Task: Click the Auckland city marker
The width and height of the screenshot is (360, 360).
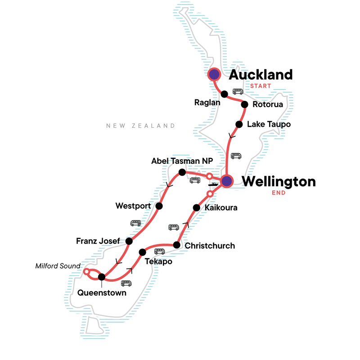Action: tap(214, 74)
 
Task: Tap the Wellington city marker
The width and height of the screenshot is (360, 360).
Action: tap(226, 181)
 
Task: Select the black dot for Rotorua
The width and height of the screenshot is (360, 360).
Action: tap(245, 104)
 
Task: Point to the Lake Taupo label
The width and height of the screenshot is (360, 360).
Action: tap(269, 124)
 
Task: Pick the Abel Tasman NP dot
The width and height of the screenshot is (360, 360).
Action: tap(182, 172)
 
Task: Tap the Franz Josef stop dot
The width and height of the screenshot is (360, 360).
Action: tap(129, 241)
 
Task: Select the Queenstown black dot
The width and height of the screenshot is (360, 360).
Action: tap(102, 277)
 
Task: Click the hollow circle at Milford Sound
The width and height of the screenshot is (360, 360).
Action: tap(86, 272)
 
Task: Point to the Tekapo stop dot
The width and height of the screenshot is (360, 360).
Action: tap(143, 252)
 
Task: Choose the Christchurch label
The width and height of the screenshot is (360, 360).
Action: tap(210, 246)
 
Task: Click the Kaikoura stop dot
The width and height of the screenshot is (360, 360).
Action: tap(196, 207)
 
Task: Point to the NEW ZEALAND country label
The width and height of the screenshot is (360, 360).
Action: tap(140, 126)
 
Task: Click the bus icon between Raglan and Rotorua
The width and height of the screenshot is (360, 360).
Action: tap(238, 91)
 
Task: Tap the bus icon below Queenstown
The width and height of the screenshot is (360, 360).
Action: tap(126, 283)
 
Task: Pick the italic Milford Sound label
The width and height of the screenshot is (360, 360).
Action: tap(57, 266)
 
